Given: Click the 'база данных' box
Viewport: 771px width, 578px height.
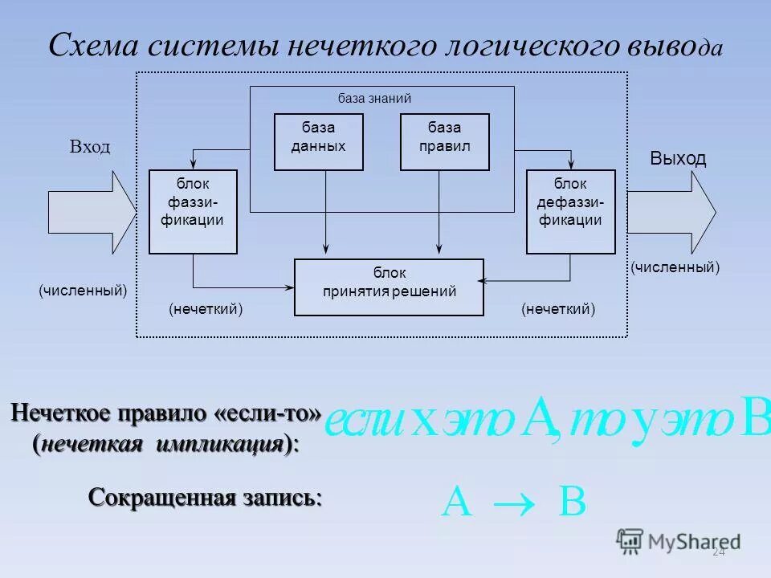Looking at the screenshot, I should [x=318, y=141].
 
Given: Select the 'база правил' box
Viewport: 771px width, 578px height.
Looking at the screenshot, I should [x=444, y=141].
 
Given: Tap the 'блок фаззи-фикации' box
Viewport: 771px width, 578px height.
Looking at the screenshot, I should [x=193, y=211].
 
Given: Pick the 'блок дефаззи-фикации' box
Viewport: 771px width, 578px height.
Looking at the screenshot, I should [x=570, y=211].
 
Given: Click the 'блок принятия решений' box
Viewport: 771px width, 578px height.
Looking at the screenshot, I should [x=390, y=287].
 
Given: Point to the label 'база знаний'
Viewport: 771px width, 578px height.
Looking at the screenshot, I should [x=374, y=99].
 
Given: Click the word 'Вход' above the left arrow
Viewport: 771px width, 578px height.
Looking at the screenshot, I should [x=90, y=148].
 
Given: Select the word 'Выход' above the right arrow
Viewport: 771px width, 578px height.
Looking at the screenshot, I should [x=678, y=158].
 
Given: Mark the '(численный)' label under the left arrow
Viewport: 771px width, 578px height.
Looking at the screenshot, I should [x=83, y=290].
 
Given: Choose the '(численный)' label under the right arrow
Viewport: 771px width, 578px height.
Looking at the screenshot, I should [x=675, y=267].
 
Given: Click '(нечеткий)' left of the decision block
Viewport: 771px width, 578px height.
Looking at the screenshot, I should [x=206, y=309].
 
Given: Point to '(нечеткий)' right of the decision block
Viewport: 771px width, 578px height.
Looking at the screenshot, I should [x=558, y=309].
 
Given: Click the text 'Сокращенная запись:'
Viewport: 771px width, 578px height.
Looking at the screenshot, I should [x=205, y=497].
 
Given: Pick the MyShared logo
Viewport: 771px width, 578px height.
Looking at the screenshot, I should [x=679, y=541].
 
